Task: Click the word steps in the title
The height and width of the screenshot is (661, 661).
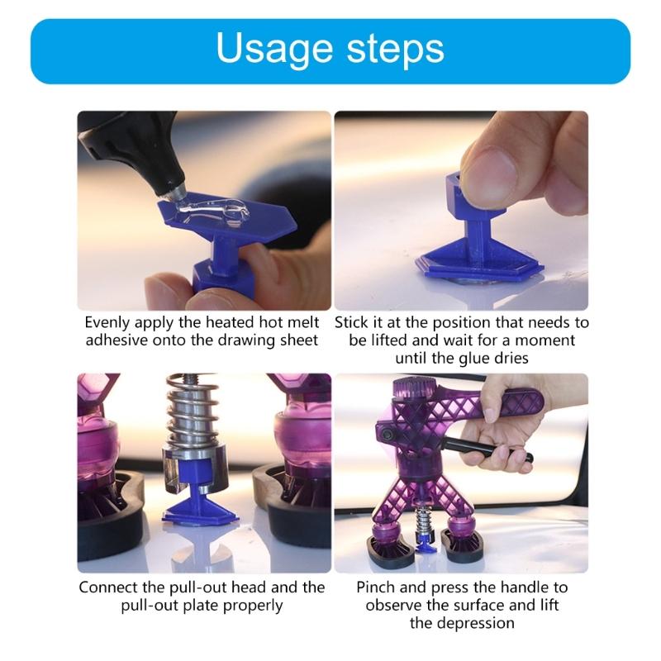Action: tap(392, 50)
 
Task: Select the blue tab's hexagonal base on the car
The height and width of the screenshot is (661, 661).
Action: tap(479, 269)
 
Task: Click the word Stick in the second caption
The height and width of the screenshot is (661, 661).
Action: tap(351, 321)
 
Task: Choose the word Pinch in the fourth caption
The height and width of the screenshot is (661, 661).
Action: tap(377, 587)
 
